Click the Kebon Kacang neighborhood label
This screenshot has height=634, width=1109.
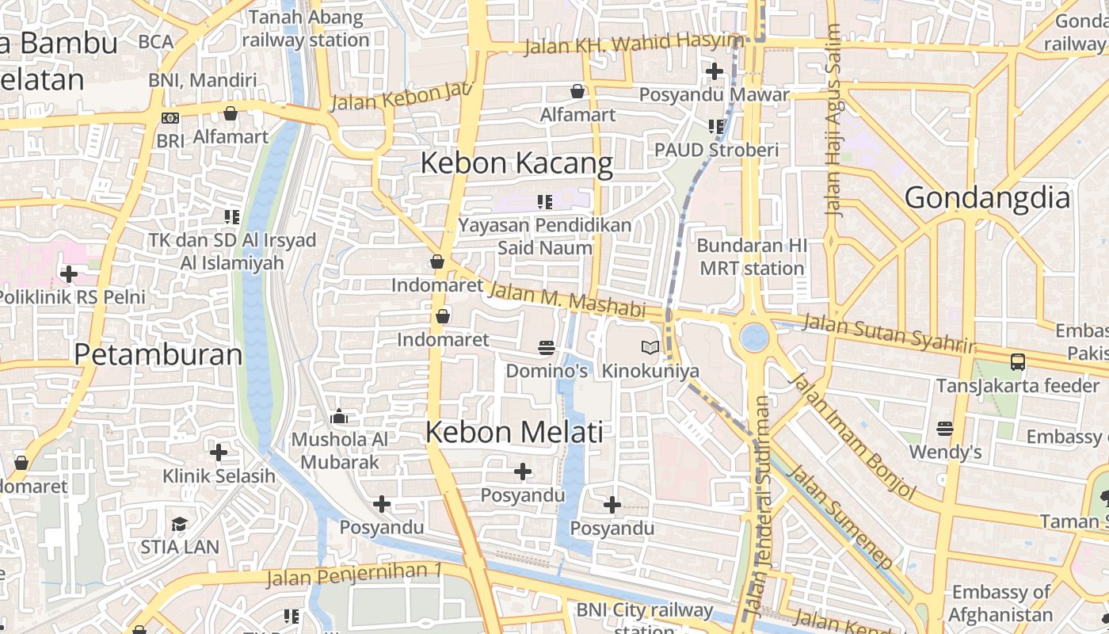(516, 163)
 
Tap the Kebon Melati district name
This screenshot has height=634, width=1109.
(514, 433)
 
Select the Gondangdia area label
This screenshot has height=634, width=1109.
(987, 197)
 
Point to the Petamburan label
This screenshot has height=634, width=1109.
(158, 354)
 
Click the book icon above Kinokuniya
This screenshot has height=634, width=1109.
(650, 347)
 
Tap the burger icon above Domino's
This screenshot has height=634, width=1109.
(547, 348)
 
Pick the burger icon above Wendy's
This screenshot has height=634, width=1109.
(944, 429)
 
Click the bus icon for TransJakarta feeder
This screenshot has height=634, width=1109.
(1018, 362)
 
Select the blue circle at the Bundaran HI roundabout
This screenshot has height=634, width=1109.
(754, 337)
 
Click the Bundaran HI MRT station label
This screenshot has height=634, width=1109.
(752, 257)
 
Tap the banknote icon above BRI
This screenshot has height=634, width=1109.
(170, 118)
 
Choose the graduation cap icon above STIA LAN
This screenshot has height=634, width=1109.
(180, 524)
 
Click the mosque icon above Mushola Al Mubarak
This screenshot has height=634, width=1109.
(340, 416)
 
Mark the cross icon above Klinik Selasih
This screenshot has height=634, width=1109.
(219, 453)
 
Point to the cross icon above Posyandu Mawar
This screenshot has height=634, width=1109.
(715, 71)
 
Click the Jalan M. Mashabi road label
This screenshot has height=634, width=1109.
(566, 300)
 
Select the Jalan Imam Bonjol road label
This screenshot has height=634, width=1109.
(852, 436)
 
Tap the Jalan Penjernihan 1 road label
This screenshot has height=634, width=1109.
(354, 574)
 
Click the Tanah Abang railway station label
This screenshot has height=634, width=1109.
(306, 29)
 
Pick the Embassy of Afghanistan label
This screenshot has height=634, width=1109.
(1001, 603)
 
